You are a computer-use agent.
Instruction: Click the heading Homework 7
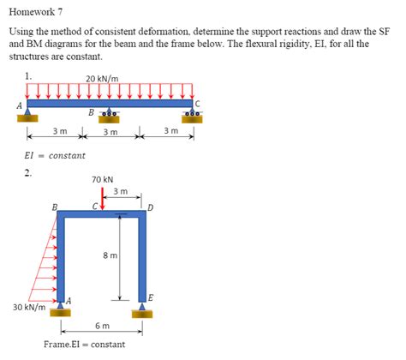tap(36, 12)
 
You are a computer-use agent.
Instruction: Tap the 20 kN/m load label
tap(102, 79)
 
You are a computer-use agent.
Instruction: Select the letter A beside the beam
tap(20, 105)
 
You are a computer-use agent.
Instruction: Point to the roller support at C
tap(193, 115)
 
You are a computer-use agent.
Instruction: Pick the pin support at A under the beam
tap(27, 115)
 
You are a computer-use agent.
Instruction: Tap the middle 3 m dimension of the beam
tap(110, 132)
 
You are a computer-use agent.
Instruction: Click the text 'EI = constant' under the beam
tap(55, 156)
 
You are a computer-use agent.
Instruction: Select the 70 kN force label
tap(102, 180)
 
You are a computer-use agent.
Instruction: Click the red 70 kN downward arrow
tap(103, 198)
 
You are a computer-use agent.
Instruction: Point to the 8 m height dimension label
tap(110, 255)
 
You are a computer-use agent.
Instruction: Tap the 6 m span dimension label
tap(102, 326)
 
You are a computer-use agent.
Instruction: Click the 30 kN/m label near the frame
tap(29, 308)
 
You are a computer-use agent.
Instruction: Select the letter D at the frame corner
tap(151, 207)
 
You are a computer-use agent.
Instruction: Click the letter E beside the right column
tap(151, 298)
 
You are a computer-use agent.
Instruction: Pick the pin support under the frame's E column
tap(142, 310)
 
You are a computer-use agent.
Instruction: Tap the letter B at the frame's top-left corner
tap(55, 207)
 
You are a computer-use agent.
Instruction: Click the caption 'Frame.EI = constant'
tap(84, 345)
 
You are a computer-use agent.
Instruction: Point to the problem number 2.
tap(27, 172)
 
